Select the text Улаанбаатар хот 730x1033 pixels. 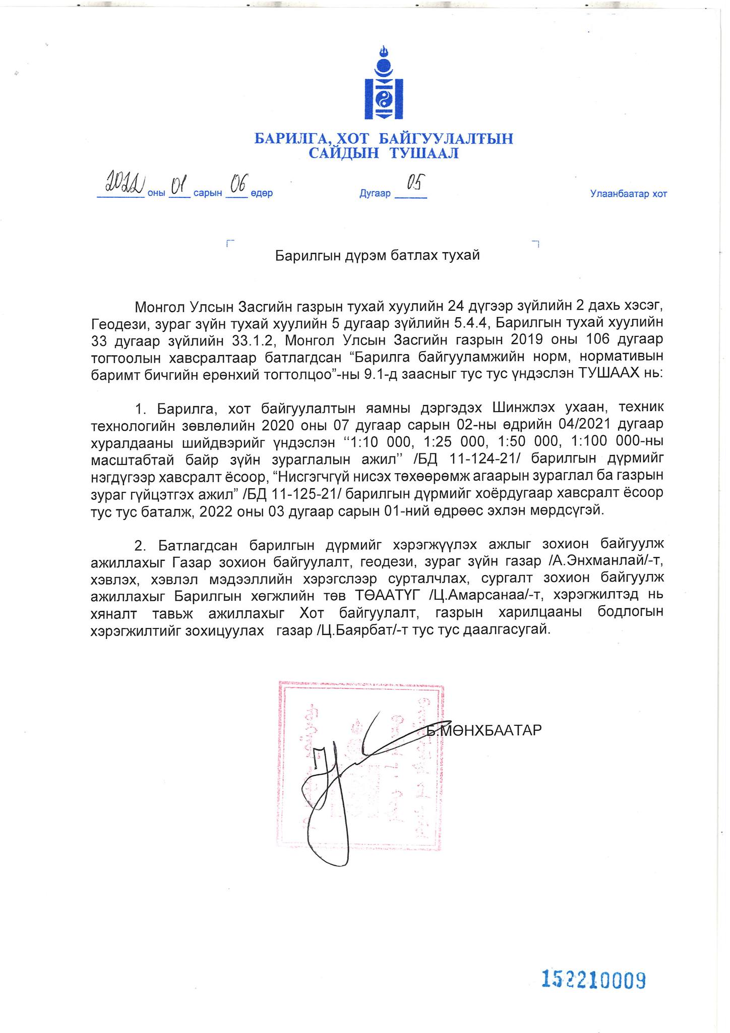(x=628, y=194)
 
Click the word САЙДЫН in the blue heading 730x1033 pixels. (x=343, y=153)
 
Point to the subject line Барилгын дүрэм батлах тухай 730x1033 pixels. (x=377, y=256)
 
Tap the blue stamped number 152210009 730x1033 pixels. (x=593, y=979)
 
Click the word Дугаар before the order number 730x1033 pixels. (x=375, y=194)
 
